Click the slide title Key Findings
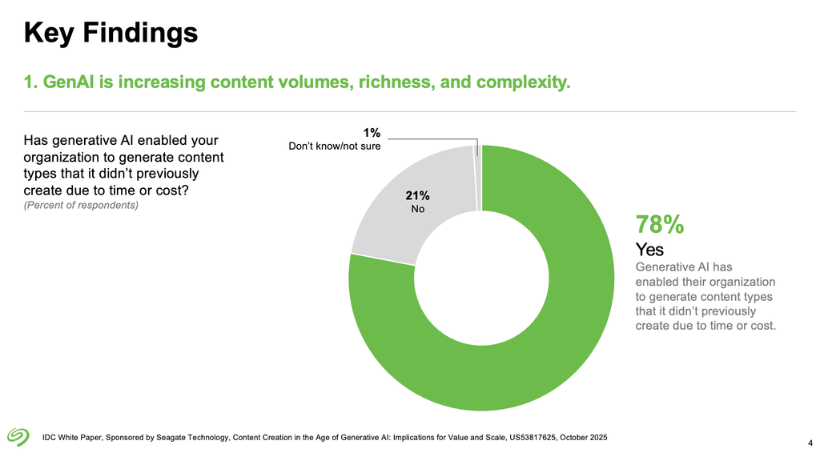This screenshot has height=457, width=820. coord(111,33)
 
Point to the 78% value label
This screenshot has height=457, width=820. coord(659,225)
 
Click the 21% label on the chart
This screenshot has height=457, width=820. coord(417,194)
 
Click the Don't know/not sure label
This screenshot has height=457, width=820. coord(334,146)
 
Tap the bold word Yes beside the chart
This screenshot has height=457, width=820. coord(649,250)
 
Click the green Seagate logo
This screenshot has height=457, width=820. coord(18,435)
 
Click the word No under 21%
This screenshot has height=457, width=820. coord(417,209)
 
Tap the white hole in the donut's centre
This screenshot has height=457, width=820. coord(481,278)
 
